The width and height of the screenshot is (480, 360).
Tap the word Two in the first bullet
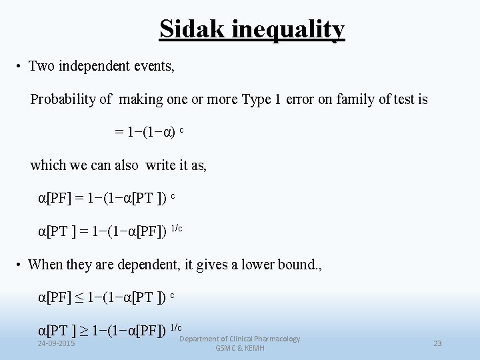click(x=41, y=67)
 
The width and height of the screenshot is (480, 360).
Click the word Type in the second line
click(x=256, y=99)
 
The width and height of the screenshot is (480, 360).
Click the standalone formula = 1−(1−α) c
click(x=149, y=132)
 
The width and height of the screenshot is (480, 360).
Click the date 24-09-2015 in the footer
click(x=57, y=343)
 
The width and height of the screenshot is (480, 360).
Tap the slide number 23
click(x=437, y=343)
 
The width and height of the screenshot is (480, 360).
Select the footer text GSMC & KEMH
click(x=240, y=348)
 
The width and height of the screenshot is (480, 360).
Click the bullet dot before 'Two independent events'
click(x=21, y=67)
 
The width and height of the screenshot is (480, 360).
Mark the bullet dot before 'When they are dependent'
click(x=21, y=265)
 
